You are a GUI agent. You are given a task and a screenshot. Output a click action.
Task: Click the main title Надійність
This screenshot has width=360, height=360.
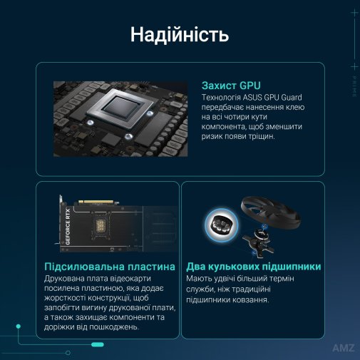(x=180, y=35)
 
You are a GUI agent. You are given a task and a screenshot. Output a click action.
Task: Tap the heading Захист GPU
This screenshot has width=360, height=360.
(x=231, y=86)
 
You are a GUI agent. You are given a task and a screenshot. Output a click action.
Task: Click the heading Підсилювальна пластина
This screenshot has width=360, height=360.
(x=110, y=267)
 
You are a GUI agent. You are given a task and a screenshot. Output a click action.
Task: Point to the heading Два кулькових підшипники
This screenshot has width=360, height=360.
(x=254, y=267)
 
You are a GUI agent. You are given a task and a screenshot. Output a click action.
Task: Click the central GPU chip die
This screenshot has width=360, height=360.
(x=120, y=107)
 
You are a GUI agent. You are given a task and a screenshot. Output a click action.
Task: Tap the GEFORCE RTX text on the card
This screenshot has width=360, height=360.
(x=68, y=227)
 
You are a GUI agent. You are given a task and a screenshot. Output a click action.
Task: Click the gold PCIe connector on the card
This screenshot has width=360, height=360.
(x=96, y=202)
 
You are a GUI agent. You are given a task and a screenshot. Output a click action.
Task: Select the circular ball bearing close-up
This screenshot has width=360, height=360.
(x=222, y=225)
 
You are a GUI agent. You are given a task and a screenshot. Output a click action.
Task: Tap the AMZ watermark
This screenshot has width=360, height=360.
(x=344, y=348)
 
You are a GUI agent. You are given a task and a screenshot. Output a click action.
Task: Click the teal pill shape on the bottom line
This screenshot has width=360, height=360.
(x=98, y=344)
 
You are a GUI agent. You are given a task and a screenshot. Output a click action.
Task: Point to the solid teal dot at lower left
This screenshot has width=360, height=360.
(x=19, y=326)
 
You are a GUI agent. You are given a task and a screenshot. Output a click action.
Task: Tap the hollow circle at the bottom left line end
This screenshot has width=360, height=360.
(x=68, y=353)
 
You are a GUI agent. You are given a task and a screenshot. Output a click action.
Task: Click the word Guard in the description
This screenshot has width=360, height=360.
(x=292, y=98)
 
